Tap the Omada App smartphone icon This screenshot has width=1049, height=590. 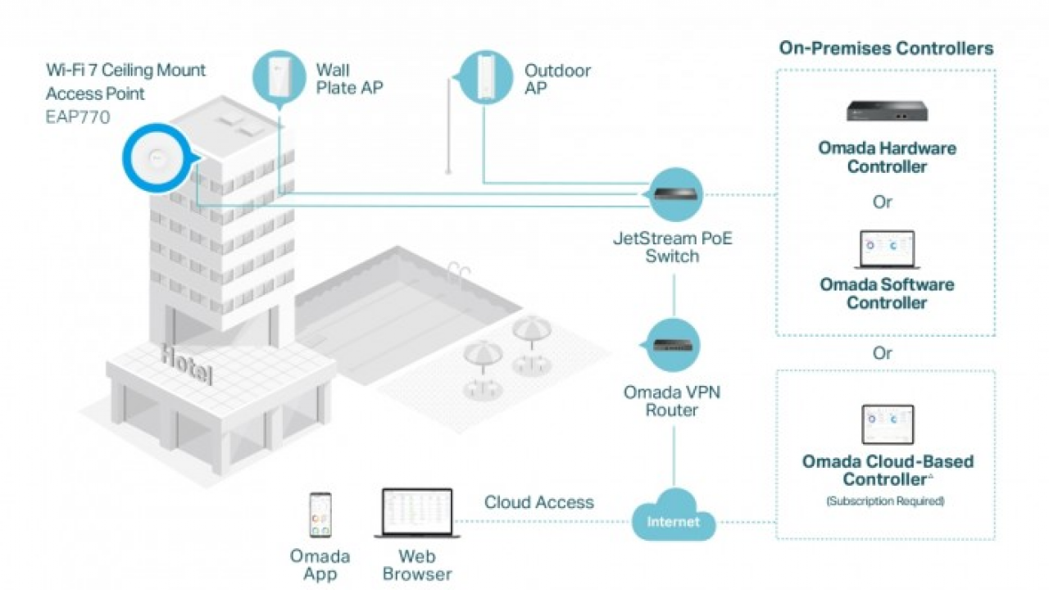(x=320, y=515)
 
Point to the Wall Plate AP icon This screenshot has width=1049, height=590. (x=280, y=77)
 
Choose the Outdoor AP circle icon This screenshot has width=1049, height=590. (x=486, y=77)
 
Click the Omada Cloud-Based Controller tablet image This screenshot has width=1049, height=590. (x=887, y=425)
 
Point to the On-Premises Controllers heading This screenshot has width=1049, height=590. (x=886, y=48)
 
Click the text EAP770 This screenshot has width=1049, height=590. (x=78, y=116)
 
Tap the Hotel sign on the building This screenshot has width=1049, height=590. (x=187, y=363)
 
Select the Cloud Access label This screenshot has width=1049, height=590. (x=538, y=502)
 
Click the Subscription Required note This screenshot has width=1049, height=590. (x=885, y=501)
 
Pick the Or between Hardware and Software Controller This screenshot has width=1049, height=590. (x=883, y=202)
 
